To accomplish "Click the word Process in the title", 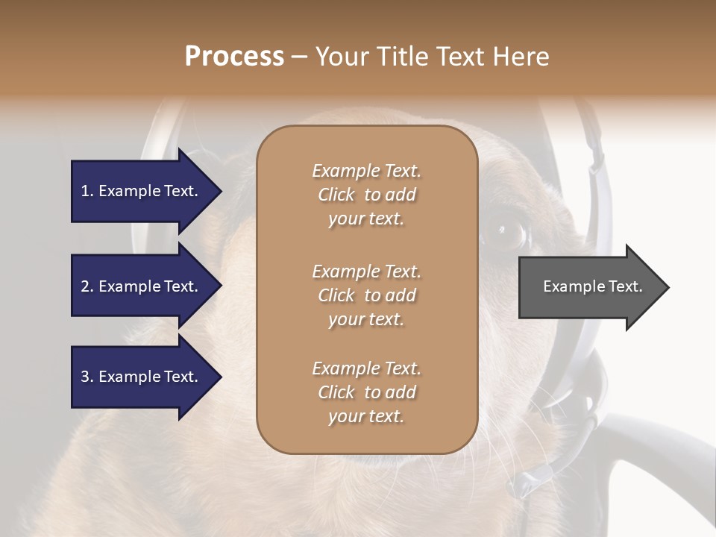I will click(x=234, y=57).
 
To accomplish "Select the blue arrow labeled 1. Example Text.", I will click(x=142, y=191).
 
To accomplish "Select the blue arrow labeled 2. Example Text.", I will click(x=142, y=286).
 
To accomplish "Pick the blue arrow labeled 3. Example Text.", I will click(x=142, y=377).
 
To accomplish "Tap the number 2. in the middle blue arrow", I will click(x=87, y=286).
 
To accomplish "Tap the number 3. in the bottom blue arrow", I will click(x=87, y=377).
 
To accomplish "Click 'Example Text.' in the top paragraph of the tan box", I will click(x=366, y=171).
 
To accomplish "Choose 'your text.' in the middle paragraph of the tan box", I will click(x=366, y=319).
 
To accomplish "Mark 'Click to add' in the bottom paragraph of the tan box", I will click(x=366, y=392).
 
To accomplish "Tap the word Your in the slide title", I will click(x=339, y=57).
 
